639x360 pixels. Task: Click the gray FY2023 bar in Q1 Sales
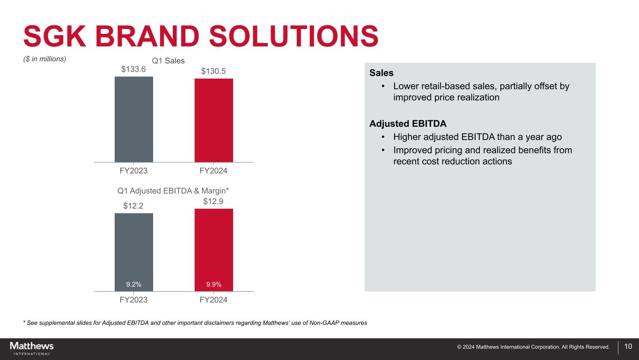pos(133,119)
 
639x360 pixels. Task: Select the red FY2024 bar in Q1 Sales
pos(213,120)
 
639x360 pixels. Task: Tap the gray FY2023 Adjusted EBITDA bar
pos(133,248)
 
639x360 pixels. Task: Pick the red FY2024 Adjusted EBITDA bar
pos(213,246)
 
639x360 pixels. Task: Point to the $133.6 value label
pos(133,69)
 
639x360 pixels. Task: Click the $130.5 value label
pos(213,71)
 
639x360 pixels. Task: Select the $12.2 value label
pos(133,206)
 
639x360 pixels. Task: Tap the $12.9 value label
pos(213,201)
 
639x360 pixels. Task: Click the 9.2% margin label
pos(133,284)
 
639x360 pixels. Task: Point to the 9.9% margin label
pos(213,284)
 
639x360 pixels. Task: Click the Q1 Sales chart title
pos(169,61)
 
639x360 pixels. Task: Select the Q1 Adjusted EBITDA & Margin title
pos(173,191)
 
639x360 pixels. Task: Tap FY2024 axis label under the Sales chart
pos(213,171)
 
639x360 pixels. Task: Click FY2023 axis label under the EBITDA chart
pos(133,300)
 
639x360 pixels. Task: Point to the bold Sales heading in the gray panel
pos(382,73)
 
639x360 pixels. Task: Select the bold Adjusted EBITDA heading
pos(408,124)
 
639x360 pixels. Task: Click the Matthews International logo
pos(32,348)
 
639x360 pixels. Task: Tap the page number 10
pos(628,347)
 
